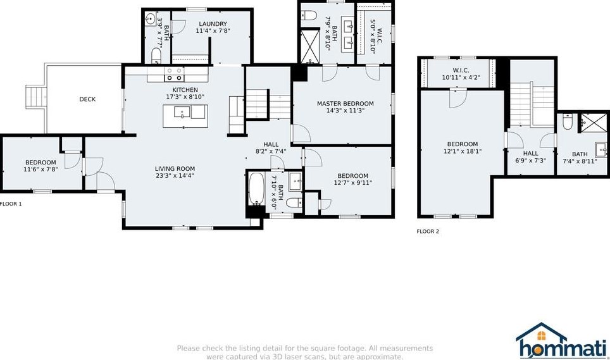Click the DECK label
tap(87, 99)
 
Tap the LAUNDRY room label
tap(213, 23)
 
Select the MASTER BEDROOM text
tap(345, 103)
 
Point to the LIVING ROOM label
tap(175, 169)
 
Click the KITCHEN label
tap(185, 90)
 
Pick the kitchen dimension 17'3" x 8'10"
tap(185, 97)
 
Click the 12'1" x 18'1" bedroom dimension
tap(463, 151)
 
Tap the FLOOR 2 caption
tap(428, 232)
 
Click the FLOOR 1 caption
tap(11, 204)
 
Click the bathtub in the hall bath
tap(256, 189)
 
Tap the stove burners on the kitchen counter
tap(174, 74)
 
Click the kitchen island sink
tap(182, 112)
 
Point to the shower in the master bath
tap(309, 47)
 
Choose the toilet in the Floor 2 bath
tap(567, 122)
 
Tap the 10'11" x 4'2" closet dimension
tap(461, 77)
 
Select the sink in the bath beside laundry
tap(151, 18)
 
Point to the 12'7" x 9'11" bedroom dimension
tap(353, 183)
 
